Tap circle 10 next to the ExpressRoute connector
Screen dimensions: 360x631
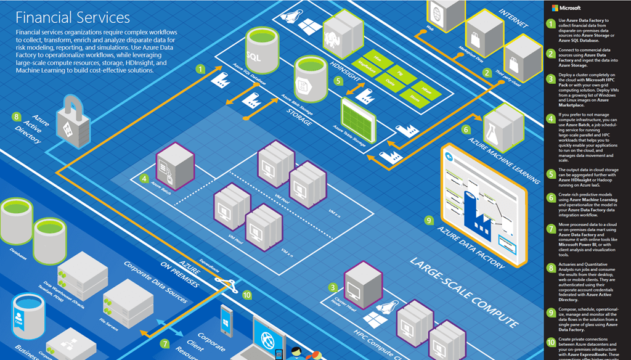[x=247, y=295]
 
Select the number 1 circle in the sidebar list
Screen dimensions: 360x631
[x=551, y=24]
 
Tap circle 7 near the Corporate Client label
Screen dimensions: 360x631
[x=165, y=343]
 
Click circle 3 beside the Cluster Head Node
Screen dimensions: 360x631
[x=333, y=287]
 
